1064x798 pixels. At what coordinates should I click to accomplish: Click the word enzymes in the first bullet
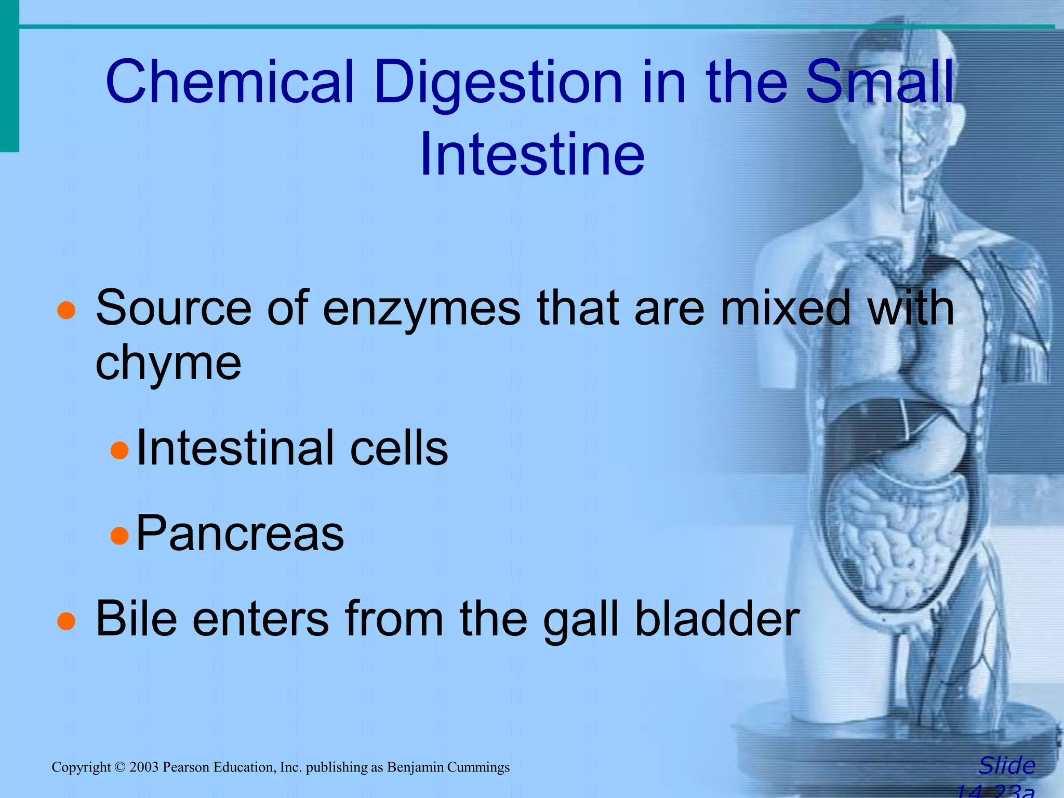click(421, 309)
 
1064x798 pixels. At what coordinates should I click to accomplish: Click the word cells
click(399, 448)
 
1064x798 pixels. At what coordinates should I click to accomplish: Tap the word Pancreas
click(240, 534)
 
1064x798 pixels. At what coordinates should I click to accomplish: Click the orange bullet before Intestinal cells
click(119, 450)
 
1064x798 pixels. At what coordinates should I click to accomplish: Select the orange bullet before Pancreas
click(119, 536)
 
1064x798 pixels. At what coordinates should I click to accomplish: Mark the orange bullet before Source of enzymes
click(66, 311)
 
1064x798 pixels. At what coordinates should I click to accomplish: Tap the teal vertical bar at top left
click(9, 78)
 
